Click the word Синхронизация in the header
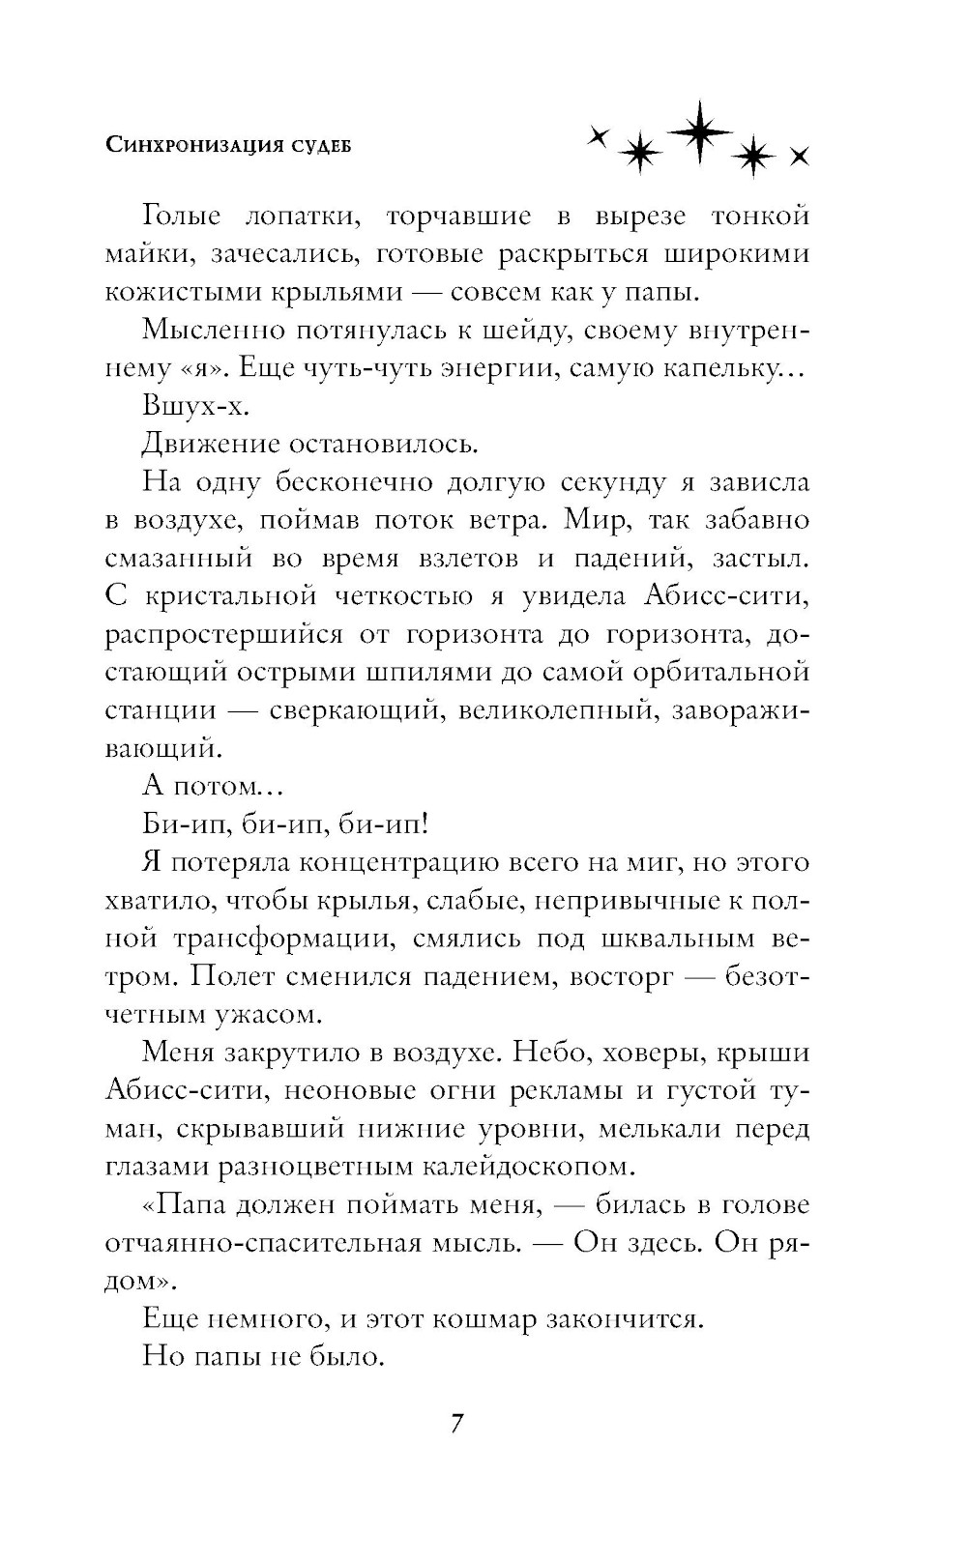click(x=183, y=146)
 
